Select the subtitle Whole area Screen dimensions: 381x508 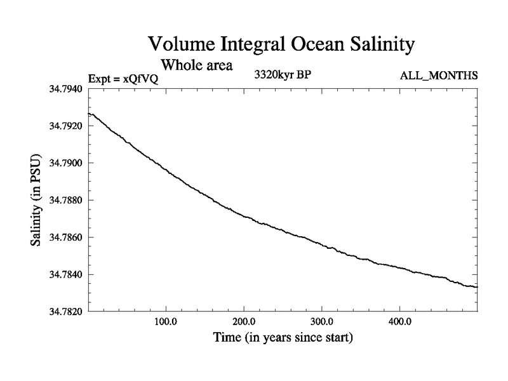(x=197, y=64)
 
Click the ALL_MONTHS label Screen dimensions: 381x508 (x=438, y=76)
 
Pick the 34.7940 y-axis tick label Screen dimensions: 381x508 (x=63, y=89)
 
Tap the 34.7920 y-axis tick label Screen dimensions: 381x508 (x=63, y=126)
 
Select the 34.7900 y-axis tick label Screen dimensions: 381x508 (x=63, y=163)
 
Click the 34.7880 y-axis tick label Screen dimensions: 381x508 (x=63, y=200)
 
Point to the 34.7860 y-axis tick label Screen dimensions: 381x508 (x=63, y=237)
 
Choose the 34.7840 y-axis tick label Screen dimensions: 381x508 (x=63, y=274)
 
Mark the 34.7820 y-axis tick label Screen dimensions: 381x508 (x=63, y=311)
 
